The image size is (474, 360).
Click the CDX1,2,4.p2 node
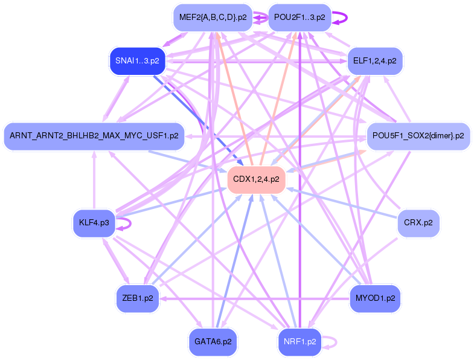click(256, 179)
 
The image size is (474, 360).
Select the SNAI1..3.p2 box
click(137, 61)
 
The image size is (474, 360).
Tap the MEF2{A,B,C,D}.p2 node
click(213, 18)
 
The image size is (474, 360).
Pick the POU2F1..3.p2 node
click(299, 18)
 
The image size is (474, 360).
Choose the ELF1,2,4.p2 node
click(374, 61)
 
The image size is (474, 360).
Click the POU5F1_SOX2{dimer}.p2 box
click(418, 136)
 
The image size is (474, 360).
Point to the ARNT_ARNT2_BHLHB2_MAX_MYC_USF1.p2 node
click(94, 136)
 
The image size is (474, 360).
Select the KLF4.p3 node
click(94, 223)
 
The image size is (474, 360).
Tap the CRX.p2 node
click(418, 223)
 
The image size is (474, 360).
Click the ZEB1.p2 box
click(138, 298)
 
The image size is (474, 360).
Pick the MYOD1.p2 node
click(375, 298)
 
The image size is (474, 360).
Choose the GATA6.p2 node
click(213, 342)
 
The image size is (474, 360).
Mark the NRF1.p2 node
click(299, 342)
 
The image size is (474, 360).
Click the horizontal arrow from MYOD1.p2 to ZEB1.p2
click(254, 299)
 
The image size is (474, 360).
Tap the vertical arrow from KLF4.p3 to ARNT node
click(94, 180)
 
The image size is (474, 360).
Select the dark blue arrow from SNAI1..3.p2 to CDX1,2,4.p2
click(198, 120)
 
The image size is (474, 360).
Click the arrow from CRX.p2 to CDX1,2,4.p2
click(341, 203)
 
